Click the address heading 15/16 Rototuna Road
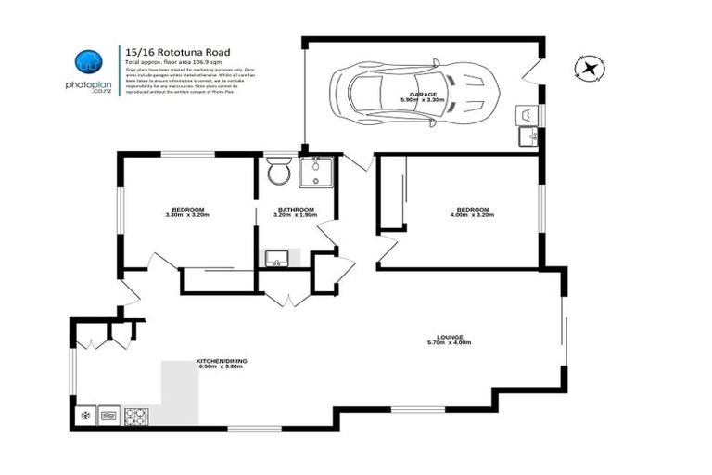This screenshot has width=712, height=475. pyautogui.click(x=177, y=52)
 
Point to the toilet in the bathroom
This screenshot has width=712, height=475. pyautogui.click(x=276, y=172)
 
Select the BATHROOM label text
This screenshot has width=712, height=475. pyautogui.click(x=294, y=209)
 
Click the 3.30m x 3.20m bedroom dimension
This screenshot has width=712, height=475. pyautogui.click(x=187, y=215)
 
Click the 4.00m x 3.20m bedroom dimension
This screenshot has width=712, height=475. pyautogui.click(x=471, y=215)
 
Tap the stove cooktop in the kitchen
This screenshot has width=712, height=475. pyautogui.click(x=136, y=416)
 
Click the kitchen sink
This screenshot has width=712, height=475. pyautogui.click(x=109, y=416)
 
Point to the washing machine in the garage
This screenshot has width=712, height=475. pyautogui.click(x=527, y=114)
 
